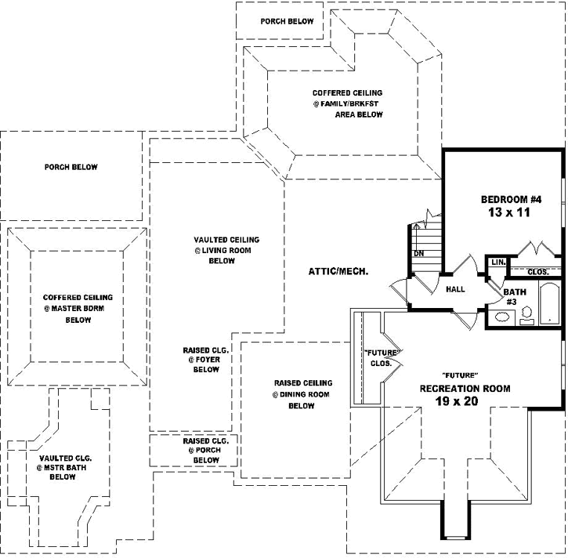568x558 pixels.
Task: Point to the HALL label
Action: coord(455,289)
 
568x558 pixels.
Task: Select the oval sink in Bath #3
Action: coord(501,317)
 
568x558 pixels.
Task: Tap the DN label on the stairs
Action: coord(419,253)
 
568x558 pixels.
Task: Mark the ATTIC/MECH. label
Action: coord(338,271)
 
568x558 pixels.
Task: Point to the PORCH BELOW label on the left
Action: coord(71,167)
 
